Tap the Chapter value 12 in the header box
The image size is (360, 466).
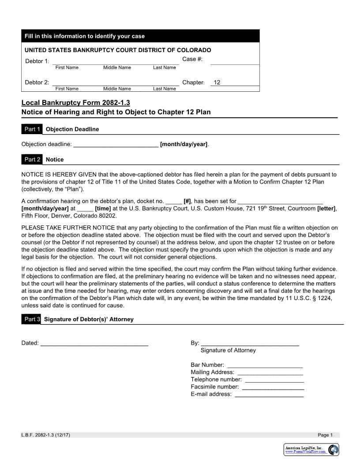217,83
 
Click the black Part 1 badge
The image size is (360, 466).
32,129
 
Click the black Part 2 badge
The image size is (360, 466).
32,159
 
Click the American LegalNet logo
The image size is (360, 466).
311,450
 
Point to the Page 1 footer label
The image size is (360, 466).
325,435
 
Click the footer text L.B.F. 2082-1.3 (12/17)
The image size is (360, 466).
45,435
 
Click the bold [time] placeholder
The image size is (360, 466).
103,209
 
